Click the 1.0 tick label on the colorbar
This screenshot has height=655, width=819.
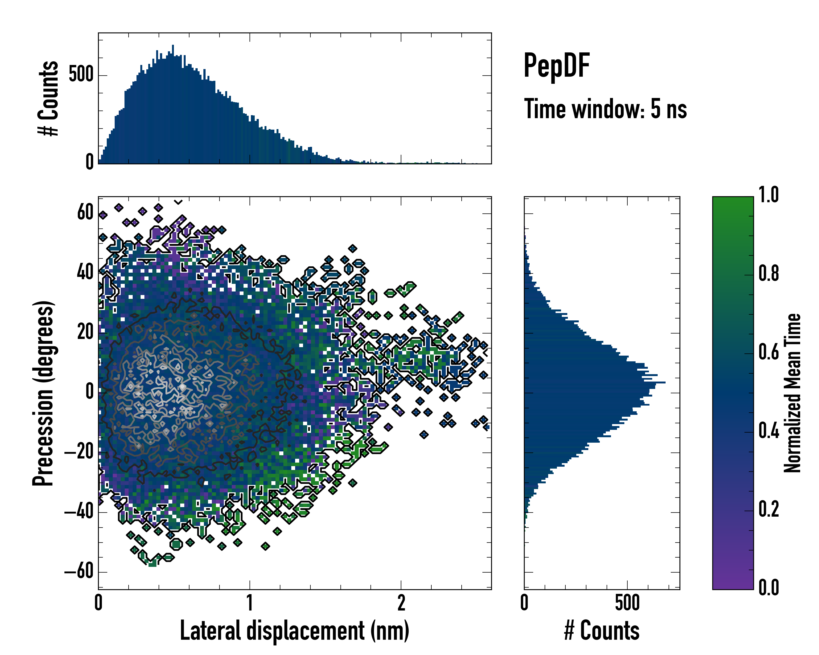point(768,195)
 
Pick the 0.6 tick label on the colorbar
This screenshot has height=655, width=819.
point(768,352)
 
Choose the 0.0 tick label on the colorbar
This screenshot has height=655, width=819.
point(768,587)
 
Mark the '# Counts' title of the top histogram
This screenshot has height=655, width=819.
point(48,98)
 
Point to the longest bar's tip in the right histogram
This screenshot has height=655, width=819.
point(664,382)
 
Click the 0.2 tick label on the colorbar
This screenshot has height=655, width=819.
point(768,509)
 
